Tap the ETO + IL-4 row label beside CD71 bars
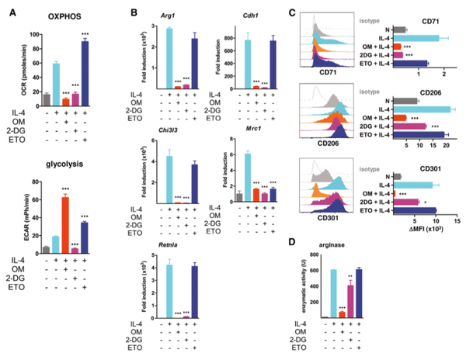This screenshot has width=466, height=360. click(376, 64)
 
